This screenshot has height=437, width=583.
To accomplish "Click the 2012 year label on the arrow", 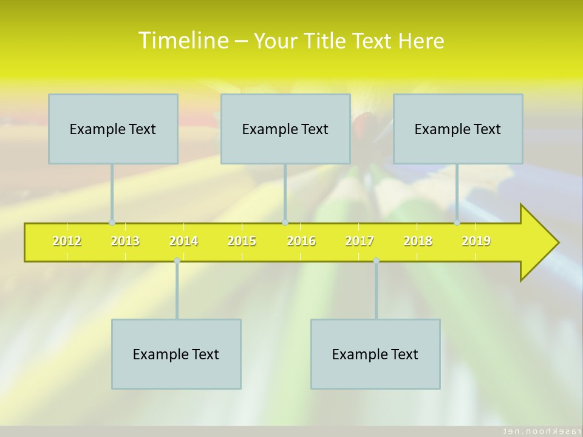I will click(x=67, y=242).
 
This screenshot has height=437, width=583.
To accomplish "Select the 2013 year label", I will click(x=125, y=242).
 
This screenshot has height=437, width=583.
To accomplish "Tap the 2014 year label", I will click(x=183, y=242).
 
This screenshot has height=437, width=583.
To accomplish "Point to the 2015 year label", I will click(x=242, y=242).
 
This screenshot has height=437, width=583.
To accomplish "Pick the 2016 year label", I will click(x=301, y=242).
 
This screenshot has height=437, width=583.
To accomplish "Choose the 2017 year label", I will click(x=360, y=242).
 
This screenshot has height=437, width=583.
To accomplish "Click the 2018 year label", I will click(x=418, y=242).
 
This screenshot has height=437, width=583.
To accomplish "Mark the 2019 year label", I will click(x=476, y=242).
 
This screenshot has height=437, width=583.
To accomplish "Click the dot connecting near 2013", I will click(x=112, y=223).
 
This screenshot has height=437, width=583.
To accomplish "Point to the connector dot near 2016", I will click(x=285, y=223).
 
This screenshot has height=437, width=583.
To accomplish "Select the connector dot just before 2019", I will click(x=457, y=223).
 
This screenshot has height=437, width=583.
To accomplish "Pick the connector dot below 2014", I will click(x=177, y=261).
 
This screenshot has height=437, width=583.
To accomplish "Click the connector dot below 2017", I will click(x=376, y=261).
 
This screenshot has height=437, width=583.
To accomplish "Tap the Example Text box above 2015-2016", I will click(x=285, y=129).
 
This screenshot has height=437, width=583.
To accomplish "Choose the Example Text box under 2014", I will click(x=176, y=354).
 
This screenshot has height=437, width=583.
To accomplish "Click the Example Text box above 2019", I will click(x=457, y=129).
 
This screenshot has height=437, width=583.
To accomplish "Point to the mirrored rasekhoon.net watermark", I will click(x=537, y=430).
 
